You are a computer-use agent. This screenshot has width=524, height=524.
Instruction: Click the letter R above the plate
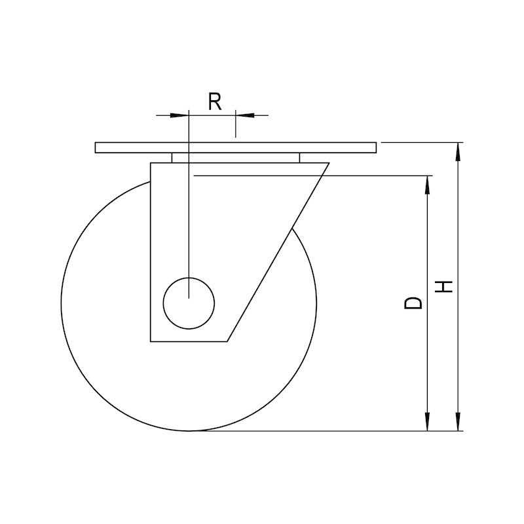click(215, 101)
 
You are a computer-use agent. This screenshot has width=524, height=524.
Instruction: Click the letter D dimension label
click(413, 303)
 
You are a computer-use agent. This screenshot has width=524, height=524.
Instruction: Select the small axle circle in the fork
click(189, 301)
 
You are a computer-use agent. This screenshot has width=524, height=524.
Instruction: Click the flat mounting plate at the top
click(236, 147)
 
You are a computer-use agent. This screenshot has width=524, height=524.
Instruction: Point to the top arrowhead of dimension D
click(428, 184)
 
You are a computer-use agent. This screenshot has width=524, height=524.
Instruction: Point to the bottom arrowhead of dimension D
click(428, 422)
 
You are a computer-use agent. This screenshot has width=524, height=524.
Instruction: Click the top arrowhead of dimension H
click(458, 151)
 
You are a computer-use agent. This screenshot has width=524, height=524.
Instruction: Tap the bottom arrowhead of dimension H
click(458, 422)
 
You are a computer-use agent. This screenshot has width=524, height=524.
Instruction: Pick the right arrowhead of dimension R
click(244, 115)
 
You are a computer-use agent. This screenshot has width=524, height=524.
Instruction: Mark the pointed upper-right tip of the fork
click(327, 163)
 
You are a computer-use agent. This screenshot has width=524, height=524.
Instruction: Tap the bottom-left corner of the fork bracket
click(151, 341)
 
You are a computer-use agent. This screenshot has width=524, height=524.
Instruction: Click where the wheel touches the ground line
click(189, 431)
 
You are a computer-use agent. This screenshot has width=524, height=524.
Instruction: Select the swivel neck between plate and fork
click(236, 158)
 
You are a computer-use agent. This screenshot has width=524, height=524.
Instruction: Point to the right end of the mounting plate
click(377, 147)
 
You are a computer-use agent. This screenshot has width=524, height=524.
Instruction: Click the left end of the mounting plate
click(96, 147)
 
